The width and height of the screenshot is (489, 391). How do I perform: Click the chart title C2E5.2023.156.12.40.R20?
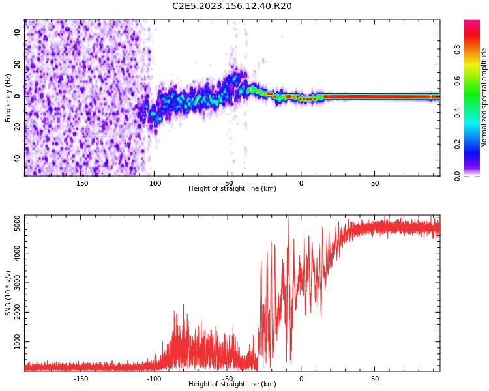pyautogui.click(x=232, y=7)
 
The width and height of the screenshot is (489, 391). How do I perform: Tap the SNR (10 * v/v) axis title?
pyautogui.click(x=8, y=293)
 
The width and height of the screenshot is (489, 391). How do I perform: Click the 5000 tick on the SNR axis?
pyautogui.click(x=14, y=224)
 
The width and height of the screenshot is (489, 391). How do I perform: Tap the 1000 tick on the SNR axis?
pyautogui.click(x=14, y=342)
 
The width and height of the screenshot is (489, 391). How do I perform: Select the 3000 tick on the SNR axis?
pyautogui.click(x=14, y=283)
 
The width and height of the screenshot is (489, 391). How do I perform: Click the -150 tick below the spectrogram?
pyautogui.click(x=81, y=183)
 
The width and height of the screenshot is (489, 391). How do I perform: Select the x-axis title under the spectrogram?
pyautogui.click(x=232, y=189)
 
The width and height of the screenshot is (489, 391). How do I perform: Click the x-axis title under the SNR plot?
pyautogui.click(x=232, y=384)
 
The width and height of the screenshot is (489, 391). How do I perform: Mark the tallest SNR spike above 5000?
pyautogui.click(x=289, y=218)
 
